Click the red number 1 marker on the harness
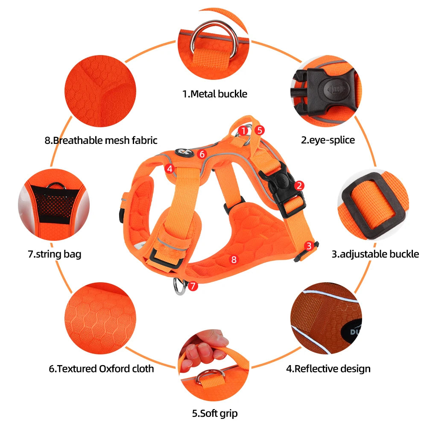pyautogui.click(x=243, y=130)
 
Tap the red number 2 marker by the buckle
pyautogui.click(x=300, y=185)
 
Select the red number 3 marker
pyautogui.click(x=309, y=246)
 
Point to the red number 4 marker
pyautogui.click(x=170, y=169)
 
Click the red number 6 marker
pyautogui.click(x=202, y=154)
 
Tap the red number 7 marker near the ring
pyautogui.click(x=193, y=286)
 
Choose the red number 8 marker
pyautogui.click(x=233, y=259)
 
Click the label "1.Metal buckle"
pyautogui.click(x=215, y=94)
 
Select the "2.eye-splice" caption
pyautogui.click(x=328, y=140)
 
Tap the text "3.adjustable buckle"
pyautogui.click(x=375, y=254)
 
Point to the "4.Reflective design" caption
pyautogui.click(x=328, y=368)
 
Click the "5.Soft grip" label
pyautogui.click(x=215, y=413)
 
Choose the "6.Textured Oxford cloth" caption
pyautogui.click(x=101, y=368)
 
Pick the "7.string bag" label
pyautogui.click(x=54, y=254)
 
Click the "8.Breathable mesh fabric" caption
pyautogui.click(x=101, y=140)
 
